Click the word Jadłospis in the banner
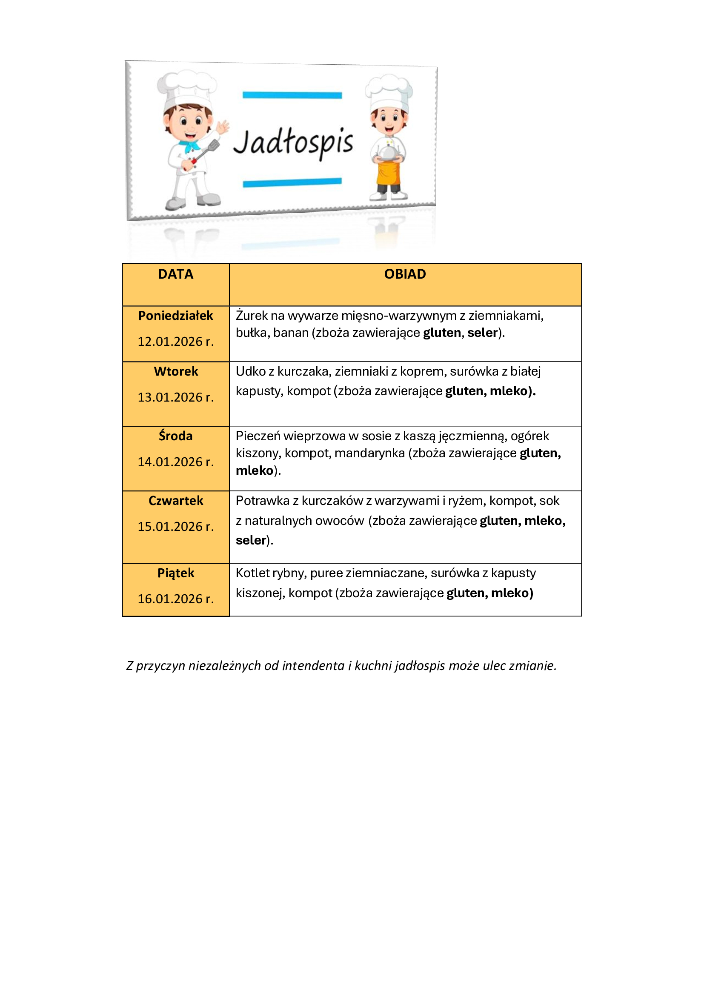pos(294,142)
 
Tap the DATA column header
pos(175,274)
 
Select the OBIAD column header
pos(405,274)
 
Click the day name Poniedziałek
pos(175,316)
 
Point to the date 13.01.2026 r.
pos(175,397)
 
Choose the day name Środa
pos(175,436)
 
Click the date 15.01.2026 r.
pos(175,526)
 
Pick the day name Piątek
pos(175,573)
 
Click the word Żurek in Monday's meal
pos(252,316)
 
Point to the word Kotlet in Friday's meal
pos(252,573)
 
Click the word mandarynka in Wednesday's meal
pos(369,453)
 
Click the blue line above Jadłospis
pos(292,95)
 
